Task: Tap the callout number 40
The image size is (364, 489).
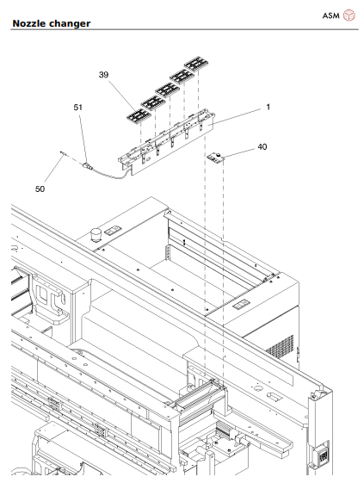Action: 262,147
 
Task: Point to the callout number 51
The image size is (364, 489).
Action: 77,108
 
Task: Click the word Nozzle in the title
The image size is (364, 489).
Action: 32,24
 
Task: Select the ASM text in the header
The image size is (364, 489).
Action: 330,15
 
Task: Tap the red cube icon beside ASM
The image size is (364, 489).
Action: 349,15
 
